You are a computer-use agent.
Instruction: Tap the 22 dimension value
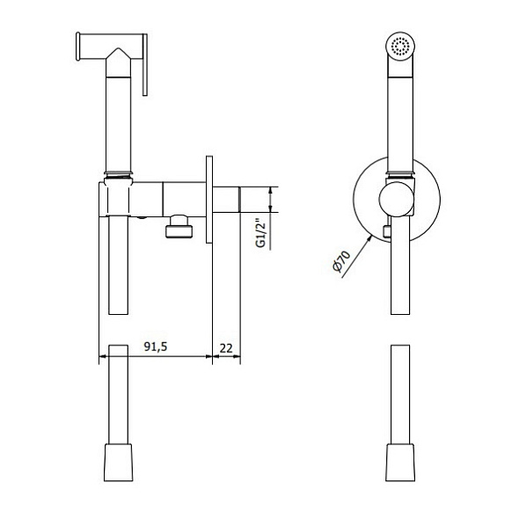coord(225,347)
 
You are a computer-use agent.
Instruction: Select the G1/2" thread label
coord(261,232)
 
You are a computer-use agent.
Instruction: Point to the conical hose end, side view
coord(118,463)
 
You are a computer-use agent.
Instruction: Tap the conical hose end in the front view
coord(401,463)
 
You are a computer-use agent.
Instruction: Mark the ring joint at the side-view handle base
coord(118,171)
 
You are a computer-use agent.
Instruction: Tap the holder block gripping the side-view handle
coord(118,199)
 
